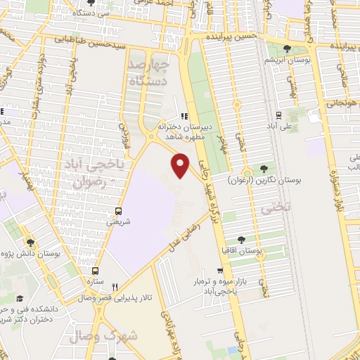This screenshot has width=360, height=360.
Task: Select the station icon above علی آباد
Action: pos(279,115)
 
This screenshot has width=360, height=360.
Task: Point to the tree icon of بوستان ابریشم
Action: pos(286,49)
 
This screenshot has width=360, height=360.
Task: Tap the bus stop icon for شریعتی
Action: pos(117,210)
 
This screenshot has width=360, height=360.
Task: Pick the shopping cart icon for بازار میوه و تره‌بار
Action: pos(221,271)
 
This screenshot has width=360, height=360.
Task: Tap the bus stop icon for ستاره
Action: pos(96,270)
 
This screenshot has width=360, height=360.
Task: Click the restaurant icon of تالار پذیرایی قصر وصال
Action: pos(114,287)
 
